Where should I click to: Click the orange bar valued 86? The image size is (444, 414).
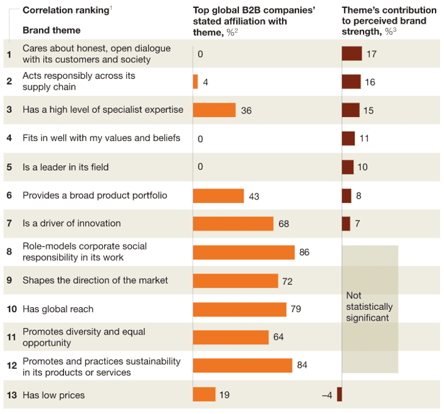click(244, 252)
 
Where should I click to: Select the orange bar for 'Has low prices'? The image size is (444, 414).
click(204, 394)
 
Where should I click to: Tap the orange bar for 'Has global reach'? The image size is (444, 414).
click(239, 309)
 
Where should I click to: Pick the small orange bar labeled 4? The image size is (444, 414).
click(196, 82)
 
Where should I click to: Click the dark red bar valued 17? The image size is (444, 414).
click(352, 54)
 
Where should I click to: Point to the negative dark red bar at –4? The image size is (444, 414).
click(339, 394)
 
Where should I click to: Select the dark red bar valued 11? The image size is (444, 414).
click(348, 138)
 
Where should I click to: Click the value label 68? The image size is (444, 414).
click(284, 224)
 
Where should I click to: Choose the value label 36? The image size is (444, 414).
click(246, 110)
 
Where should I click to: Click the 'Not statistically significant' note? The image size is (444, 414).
click(369, 307)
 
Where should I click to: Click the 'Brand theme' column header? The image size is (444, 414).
click(51, 30)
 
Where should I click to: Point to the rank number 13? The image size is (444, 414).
click(12, 395)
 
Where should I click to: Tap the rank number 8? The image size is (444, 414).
click(9, 252)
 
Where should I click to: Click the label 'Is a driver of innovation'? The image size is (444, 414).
click(71, 224)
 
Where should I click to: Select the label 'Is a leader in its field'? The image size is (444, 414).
click(65, 167)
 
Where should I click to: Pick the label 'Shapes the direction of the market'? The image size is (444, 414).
click(95, 280)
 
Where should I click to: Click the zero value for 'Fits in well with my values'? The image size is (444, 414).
click(200, 139)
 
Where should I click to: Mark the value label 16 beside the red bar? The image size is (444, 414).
click(370, 82)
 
